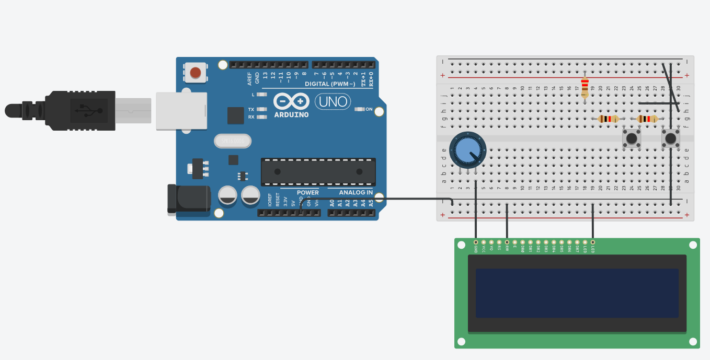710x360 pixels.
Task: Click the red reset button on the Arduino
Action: (196, 73)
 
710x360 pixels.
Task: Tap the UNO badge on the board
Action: (333, 101)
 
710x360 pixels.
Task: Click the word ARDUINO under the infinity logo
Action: (291, 114)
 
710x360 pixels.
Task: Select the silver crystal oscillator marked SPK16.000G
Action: (233, 141)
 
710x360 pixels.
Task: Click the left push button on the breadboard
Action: (632, 138)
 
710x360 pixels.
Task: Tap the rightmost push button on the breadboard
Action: (671, 138)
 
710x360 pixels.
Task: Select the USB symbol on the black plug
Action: (85, 110)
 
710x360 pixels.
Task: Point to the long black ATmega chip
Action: (318, 171)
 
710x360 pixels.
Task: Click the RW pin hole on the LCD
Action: (507, 242)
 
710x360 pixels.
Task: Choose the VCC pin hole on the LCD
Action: (484, 242)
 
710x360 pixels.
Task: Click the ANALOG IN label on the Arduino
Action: (356, 192)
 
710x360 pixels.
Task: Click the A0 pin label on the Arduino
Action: (332, 203)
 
